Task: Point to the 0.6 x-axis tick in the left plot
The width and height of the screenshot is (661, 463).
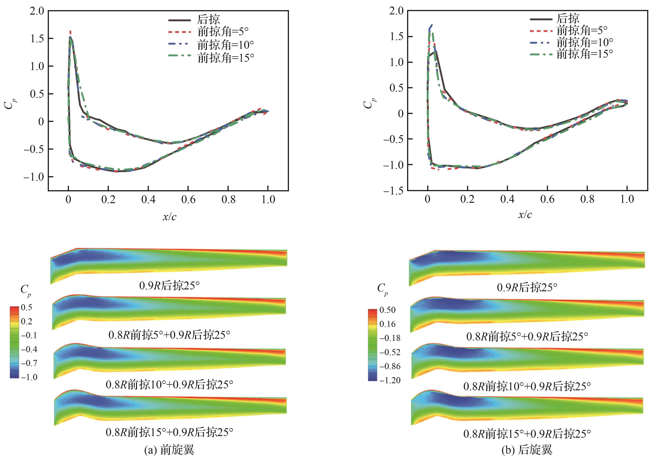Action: [188, 199]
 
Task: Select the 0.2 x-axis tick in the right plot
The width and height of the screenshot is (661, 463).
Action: [467, 199]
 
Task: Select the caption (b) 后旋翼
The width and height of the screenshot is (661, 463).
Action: [527, 450]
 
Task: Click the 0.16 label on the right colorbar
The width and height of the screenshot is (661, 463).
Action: [388, 324]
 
